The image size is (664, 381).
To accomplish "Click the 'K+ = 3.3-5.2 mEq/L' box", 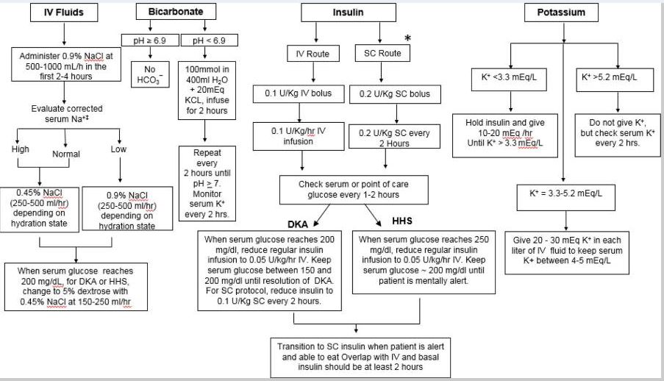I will coord(565,193).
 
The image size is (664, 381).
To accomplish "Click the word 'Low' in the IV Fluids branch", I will coord(118,149).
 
